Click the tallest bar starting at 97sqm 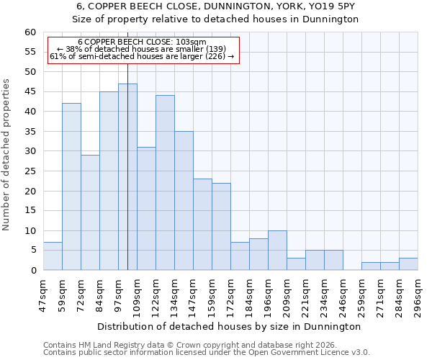click(127, 177)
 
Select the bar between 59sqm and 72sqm click(71, 186)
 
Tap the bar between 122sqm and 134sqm click(165, 183)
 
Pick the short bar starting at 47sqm click(53, 256)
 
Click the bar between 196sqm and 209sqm click(277, 251)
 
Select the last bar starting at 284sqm click(408, 264)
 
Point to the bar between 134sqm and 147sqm click(184, 201)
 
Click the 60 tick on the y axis click(30, 32)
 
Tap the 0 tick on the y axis click(33, 271)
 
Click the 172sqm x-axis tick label click(230, 294)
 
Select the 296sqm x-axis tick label click(418, 294)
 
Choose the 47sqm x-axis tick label click(43, 294)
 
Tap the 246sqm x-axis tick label click(343, 294)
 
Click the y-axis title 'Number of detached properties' click(7, 155)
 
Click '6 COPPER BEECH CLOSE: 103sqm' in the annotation click(142, 42)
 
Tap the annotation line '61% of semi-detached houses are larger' click(142, 56)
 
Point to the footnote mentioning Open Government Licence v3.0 click(207, 352)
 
